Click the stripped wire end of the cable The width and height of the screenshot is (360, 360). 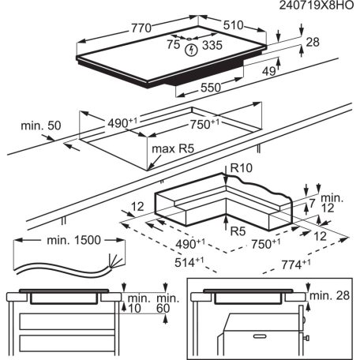[x=119, y=262]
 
